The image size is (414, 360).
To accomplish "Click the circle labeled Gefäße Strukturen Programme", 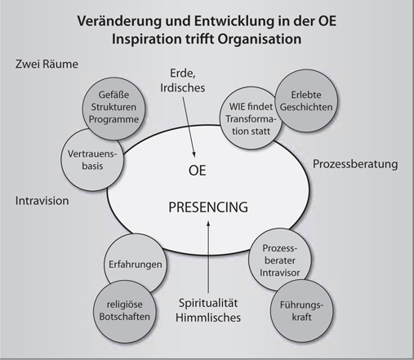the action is tap(114, 109).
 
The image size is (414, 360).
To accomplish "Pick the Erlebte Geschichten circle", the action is tap(306, 100).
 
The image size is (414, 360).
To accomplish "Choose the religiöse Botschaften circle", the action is tap(125, 311).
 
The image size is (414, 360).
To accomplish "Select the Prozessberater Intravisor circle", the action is tap(279, 259).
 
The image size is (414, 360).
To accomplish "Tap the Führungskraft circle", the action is tap(301, 311).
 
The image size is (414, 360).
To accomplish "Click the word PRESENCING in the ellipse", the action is tap(208, 207).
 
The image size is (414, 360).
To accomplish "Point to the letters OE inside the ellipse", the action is tap(198, 171).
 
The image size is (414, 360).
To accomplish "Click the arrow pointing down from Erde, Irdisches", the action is tap(189, 127).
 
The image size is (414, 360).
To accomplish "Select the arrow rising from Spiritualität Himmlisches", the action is tap(208, 257).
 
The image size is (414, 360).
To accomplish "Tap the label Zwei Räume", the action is tap(47, 64).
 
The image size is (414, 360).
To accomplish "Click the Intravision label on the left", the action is tap(42, 201).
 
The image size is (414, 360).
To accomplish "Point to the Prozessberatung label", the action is tap(355, 164).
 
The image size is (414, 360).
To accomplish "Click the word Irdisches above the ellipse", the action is tap(183, 87).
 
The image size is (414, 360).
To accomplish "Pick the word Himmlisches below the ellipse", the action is tap(208, 318).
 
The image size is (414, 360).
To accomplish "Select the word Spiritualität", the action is tap(208, 303).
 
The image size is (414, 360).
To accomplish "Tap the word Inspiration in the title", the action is tap(147, 39).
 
